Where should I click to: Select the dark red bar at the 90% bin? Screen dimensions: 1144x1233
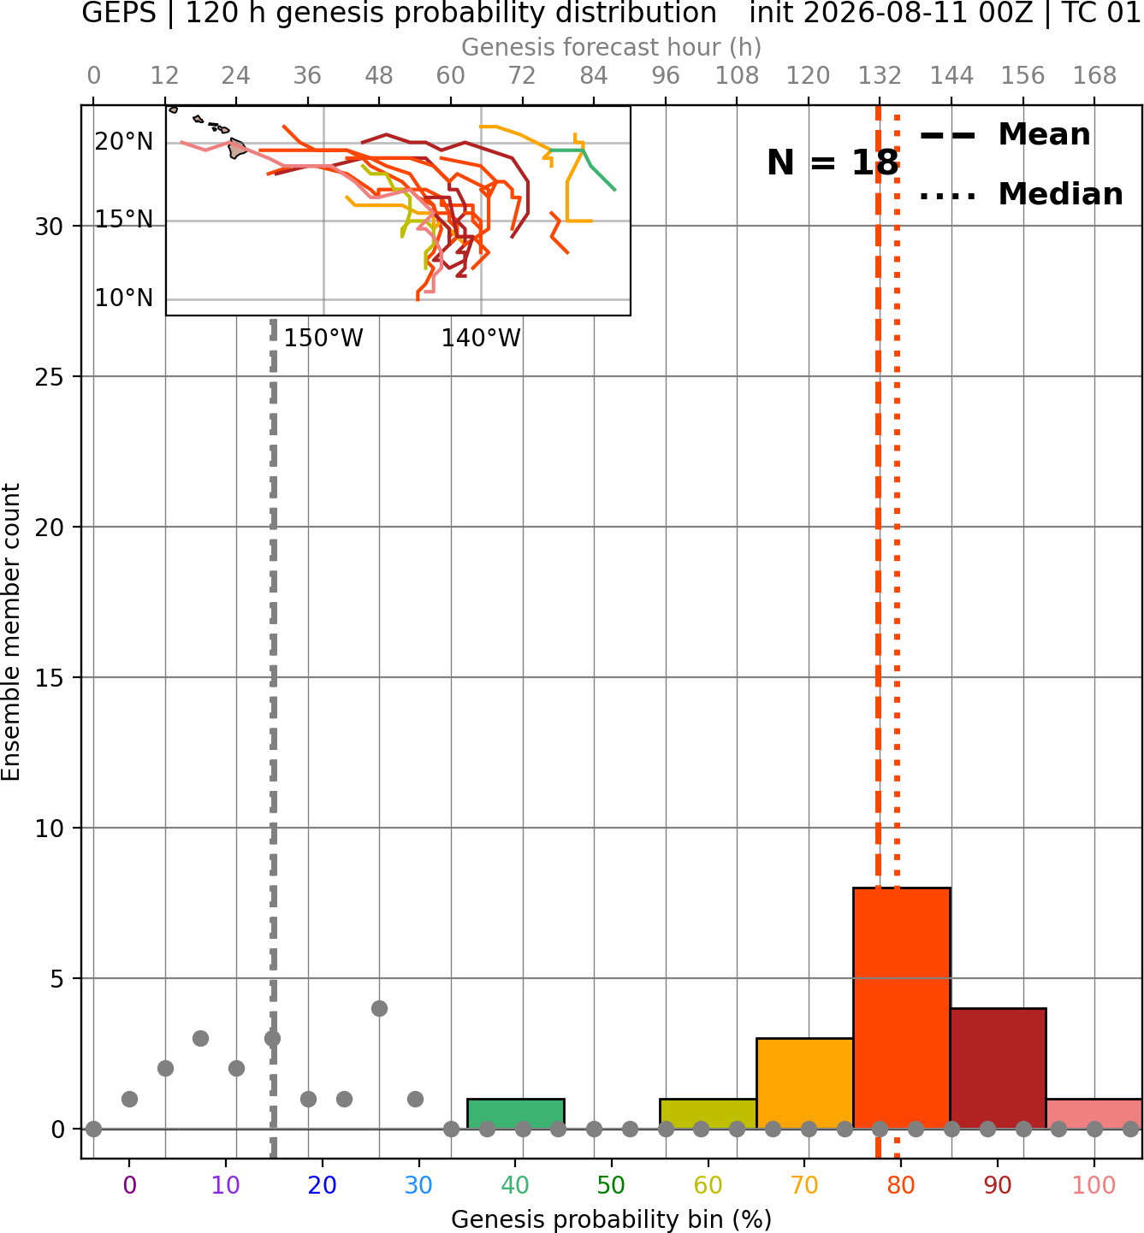[998, 1068]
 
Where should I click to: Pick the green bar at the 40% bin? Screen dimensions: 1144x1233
[516, 1113]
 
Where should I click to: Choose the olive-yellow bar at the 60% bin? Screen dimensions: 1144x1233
[708, 1113]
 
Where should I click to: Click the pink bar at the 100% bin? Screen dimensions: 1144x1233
[1094, 1113]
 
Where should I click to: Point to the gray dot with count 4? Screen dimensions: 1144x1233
[380, 1008]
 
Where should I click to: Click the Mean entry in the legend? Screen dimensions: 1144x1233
[1005, 135]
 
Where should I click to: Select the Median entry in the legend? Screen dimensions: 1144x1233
[1022, 194]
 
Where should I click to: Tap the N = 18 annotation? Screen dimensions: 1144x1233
[833, 162]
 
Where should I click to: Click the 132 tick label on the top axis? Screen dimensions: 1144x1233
[880, 76]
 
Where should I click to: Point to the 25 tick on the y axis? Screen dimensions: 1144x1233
[50, 377]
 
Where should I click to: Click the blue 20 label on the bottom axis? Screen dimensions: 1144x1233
[323, 1185]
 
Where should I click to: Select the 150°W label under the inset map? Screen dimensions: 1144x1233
[323, 339]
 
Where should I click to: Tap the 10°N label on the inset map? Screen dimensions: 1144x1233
[124, 298]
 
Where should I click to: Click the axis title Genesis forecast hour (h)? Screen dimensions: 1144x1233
[612, 47]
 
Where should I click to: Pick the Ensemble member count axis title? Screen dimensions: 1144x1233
[11, 632]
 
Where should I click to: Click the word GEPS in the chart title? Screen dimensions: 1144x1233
[119, 13]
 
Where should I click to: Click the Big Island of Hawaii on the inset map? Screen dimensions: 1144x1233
[237, 149]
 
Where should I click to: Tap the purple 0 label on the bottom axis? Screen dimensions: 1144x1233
[129, 1185]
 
